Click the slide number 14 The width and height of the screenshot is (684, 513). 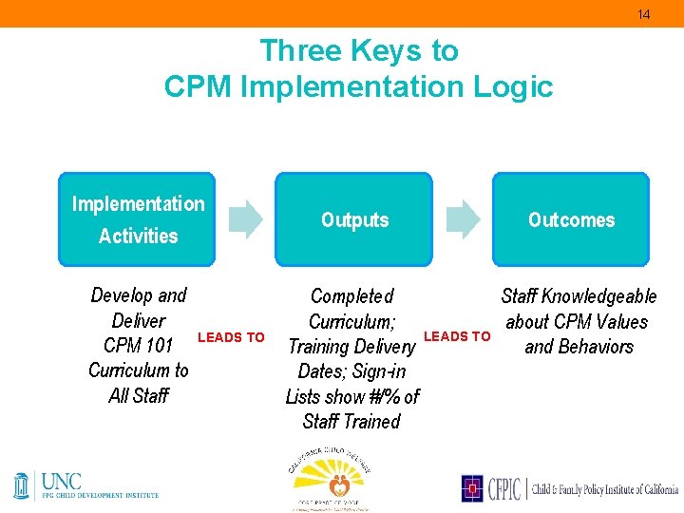click(643, 14)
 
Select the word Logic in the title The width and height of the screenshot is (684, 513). click(518, 86)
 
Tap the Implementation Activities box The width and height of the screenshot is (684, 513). click(137, 219)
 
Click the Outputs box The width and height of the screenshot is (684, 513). click(353, 219)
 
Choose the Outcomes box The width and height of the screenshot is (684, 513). click(570, 219)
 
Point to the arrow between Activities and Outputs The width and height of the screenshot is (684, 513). click(246, 218)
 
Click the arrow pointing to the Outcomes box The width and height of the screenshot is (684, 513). click(463, 218)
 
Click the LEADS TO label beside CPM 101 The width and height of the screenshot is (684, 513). click(231, 337)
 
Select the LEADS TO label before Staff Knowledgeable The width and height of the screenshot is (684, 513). click(457, 336)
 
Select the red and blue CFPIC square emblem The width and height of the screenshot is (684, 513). click(473, 488)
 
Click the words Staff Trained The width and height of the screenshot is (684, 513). click(351, 421)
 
